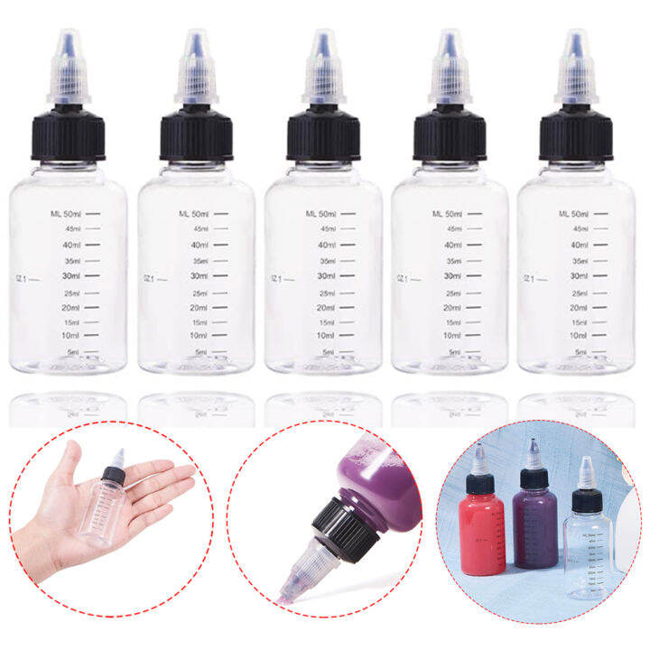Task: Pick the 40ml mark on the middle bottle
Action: coord(326,245)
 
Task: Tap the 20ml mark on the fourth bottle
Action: coord(452,308)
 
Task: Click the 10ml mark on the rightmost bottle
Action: coord(580,335)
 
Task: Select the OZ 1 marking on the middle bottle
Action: coord(277,278)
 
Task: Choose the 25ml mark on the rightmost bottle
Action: coord(580,292)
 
